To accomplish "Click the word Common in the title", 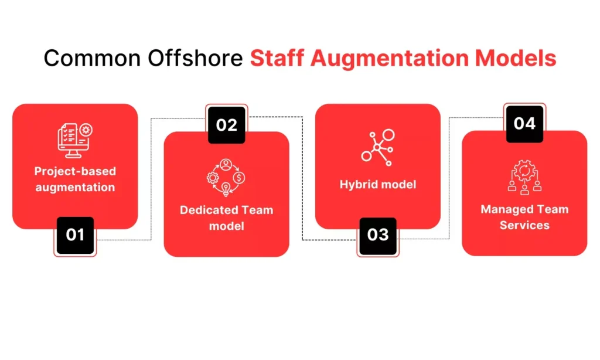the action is click(92, 58).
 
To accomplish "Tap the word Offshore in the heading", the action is click(195, 58).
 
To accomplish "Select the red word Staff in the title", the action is click(277, 58).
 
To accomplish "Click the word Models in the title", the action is click(516, 58).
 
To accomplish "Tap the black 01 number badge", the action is click(75, 235).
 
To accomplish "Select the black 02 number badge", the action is click(227, 125).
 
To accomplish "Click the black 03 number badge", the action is click(378, 236).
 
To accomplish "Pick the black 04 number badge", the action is click(524, 124).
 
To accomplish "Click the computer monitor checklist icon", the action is click(75, 140).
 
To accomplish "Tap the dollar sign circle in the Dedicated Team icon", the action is click(239, 178).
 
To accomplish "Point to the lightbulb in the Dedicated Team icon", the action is click(226, 189).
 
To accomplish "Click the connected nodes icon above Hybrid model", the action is click(378, 147).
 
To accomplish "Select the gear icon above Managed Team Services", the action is click(524, 171).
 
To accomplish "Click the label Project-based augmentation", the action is click(75, 179).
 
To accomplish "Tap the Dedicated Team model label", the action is click(227, 218).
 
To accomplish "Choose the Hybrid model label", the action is click(378, 185).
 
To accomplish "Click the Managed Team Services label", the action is click(524, 217).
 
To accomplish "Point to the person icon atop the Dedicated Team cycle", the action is click(226, 165).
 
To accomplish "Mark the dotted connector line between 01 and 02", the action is click(151, 179).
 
